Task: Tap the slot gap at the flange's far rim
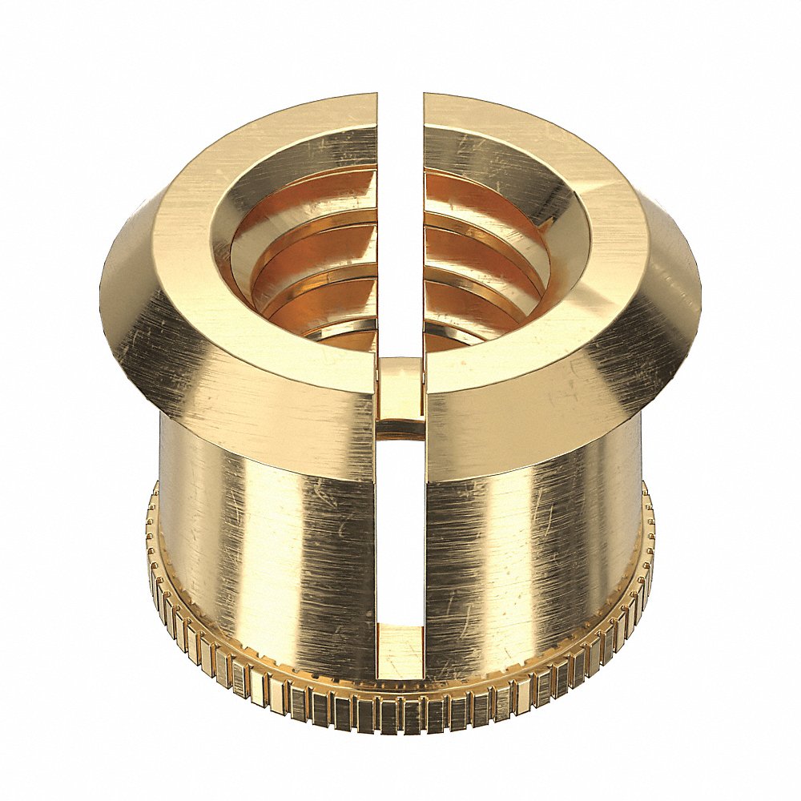(x=400, y=108)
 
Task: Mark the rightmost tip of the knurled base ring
(x=652, y=553)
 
